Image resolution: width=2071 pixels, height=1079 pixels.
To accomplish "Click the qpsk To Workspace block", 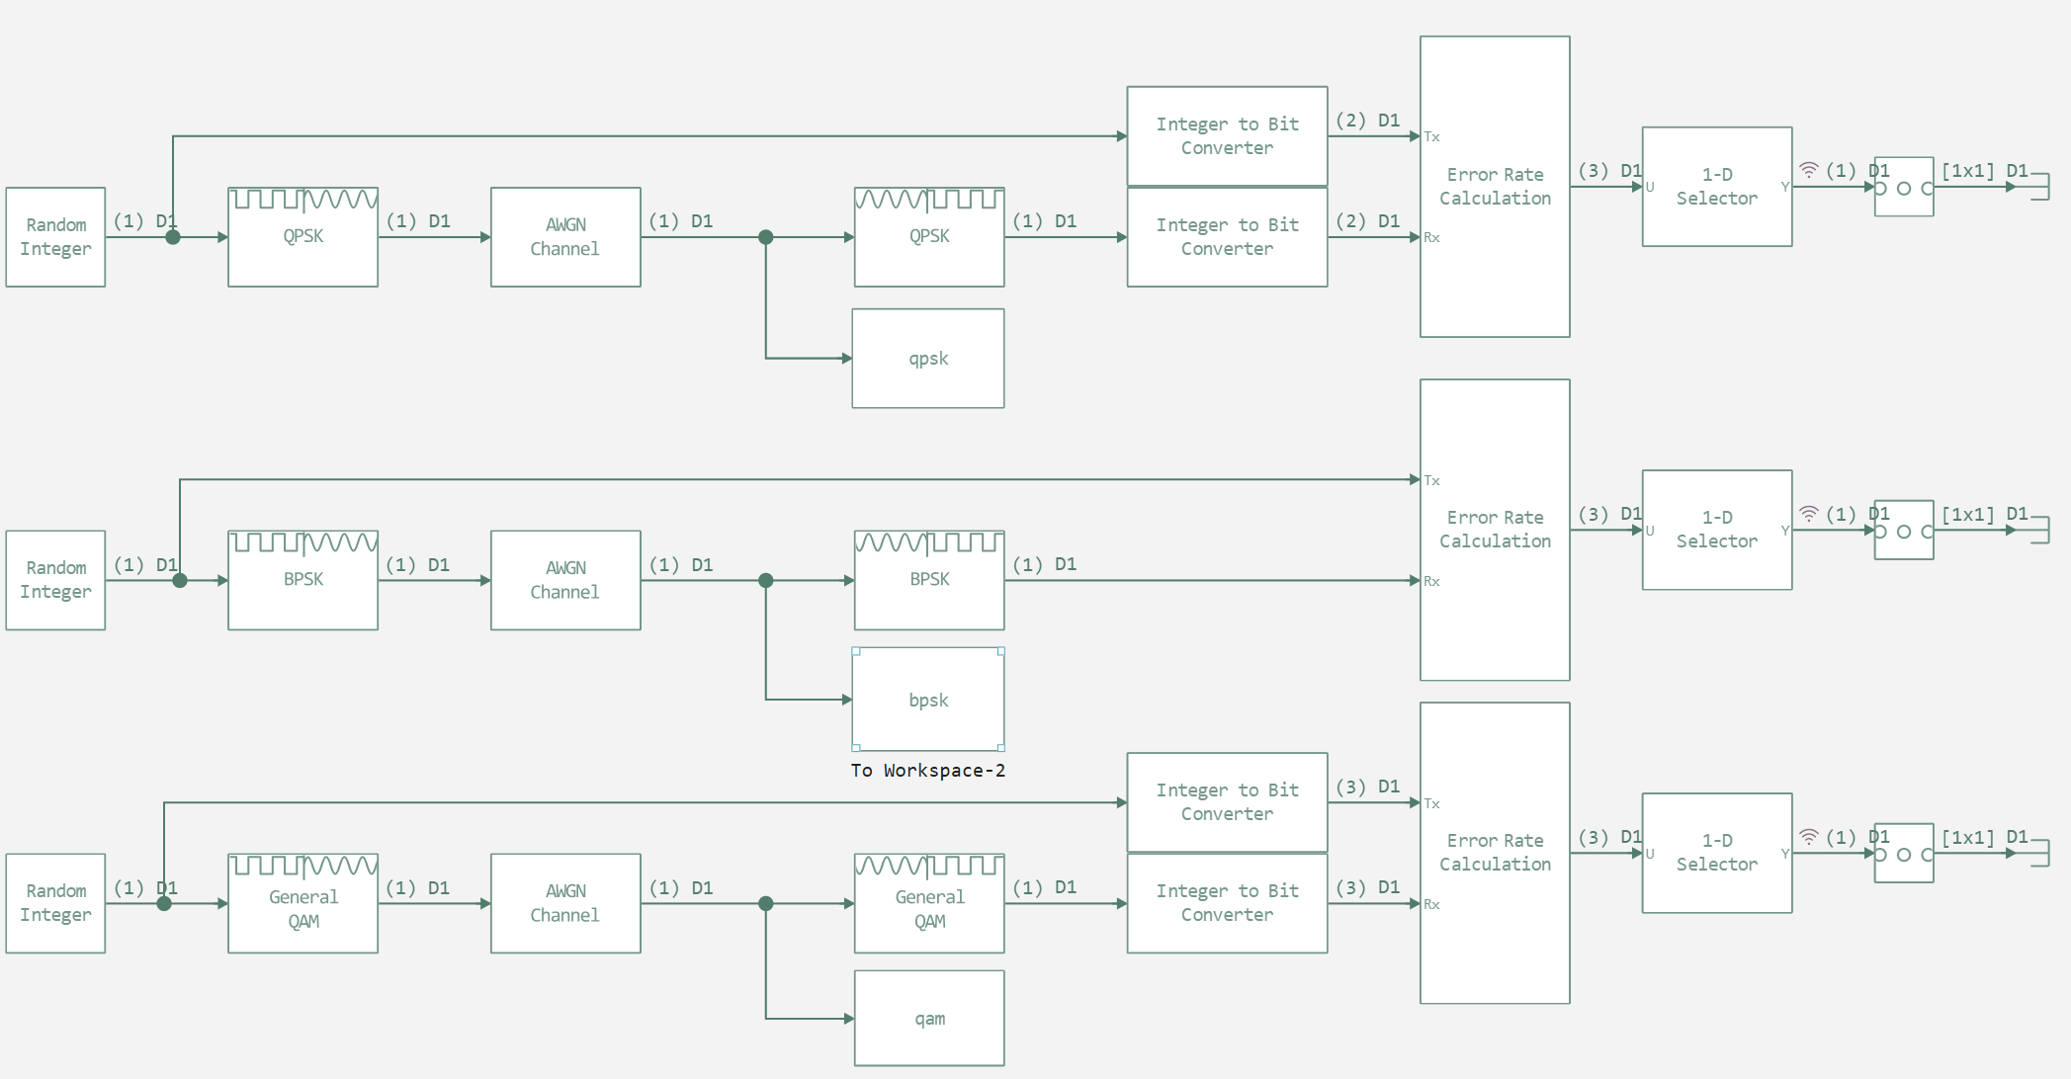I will pos(928,359).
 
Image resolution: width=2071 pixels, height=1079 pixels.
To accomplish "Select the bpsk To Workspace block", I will pos(928,700).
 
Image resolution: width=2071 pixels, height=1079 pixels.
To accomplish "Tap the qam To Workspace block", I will pos(929,1018).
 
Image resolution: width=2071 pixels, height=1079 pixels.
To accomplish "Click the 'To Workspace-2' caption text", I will pos(927,771).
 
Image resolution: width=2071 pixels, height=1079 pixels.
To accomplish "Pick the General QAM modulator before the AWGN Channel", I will pos(302,904).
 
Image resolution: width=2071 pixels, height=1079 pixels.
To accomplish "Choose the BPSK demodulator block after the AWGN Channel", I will pos(929,580).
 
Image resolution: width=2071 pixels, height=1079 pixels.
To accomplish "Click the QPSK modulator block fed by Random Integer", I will pos(302,237).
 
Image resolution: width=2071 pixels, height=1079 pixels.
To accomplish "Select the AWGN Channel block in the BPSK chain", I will pos(565,580).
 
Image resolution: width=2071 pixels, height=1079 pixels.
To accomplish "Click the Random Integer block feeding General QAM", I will pos(55,903).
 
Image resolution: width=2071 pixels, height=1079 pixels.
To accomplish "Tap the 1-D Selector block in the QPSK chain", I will pos(1716,187).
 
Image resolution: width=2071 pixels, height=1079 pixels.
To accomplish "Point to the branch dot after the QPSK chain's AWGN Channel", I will pos(766,237).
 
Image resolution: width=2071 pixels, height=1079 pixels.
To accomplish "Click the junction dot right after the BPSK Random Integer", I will pos(180,580).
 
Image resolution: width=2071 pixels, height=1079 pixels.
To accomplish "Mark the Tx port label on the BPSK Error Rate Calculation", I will pos(1432,481).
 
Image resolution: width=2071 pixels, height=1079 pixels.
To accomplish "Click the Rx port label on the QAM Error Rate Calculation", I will pos(1432,905).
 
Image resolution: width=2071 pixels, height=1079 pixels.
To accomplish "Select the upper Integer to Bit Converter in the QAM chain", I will pos(1227,802).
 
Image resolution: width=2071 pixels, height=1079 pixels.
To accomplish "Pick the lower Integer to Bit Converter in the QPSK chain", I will pos(1227,237).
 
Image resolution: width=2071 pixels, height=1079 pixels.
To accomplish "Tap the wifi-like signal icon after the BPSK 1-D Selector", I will pos(1808,514).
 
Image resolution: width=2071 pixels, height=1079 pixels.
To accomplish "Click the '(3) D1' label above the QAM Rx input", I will pos(1367,887).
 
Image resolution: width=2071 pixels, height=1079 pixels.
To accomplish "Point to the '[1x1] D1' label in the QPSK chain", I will pos(1984,171).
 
